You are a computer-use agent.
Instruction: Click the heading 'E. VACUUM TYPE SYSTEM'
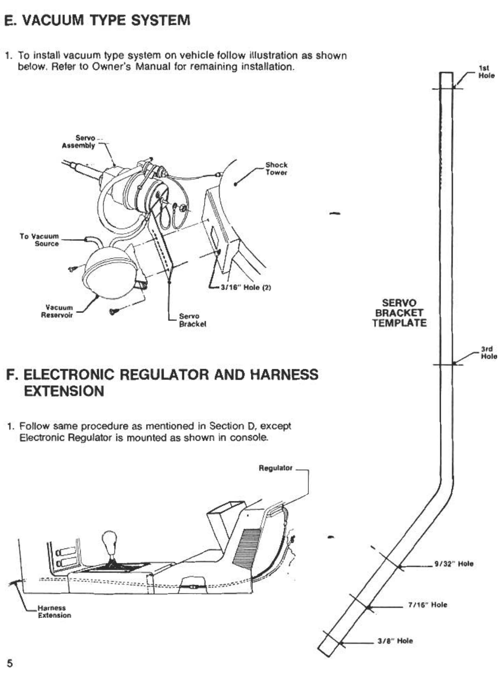coord(97,20)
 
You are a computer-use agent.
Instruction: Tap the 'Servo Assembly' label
coord(79,142)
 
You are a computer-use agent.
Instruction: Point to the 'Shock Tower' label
coord(276,169)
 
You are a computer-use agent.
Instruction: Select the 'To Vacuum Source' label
coord(39,240)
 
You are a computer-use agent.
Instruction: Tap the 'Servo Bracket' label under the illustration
coord(192,320)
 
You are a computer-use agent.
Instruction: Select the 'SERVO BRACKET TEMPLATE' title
coord(399,313)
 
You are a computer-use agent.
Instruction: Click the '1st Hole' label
coord(486,72)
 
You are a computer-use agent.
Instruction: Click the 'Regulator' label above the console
coord(275,468)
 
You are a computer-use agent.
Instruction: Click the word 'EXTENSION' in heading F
coord(64,391)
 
